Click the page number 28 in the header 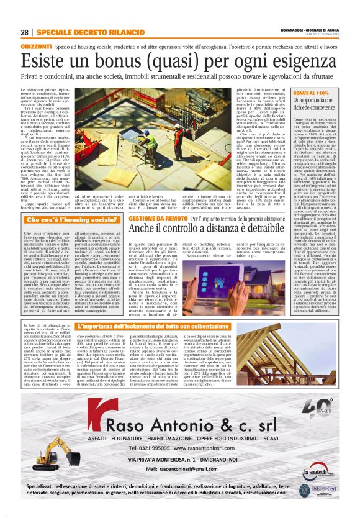pyautogui.click(x=25, y=32)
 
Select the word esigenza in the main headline pyautogui.click(x=292, y=60)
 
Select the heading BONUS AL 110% pyautogui.click(x=310, y=93)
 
